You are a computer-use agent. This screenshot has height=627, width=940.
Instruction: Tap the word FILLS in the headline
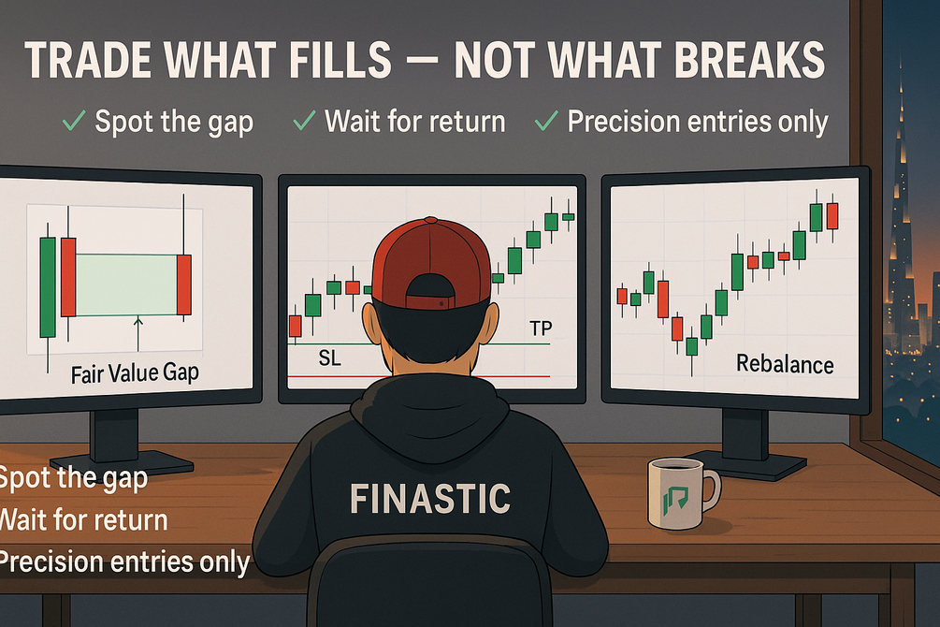(330, 60)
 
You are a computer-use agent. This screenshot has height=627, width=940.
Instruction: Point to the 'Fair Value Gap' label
(135, 373)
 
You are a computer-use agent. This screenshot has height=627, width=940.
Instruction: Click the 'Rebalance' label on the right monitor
(785, 364)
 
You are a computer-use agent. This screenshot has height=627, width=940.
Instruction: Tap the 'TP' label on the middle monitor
(541, 328)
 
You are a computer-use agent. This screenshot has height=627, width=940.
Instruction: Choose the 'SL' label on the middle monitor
(330, 358)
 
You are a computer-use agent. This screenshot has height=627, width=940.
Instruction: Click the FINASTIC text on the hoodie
(430, 499)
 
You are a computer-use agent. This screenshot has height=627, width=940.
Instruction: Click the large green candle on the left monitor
(48, 286)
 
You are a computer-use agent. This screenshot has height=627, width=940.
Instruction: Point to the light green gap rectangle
(126, 284)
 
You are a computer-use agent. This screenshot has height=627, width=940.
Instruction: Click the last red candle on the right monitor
(832, 216)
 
